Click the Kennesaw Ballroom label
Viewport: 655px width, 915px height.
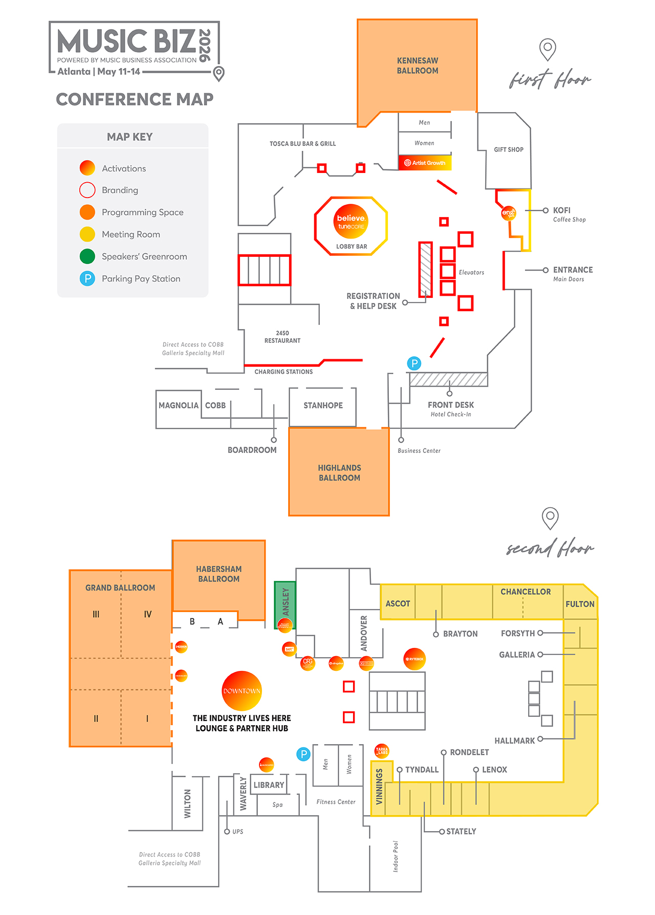coord(418,66)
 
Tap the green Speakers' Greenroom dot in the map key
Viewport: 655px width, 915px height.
coord(88,256)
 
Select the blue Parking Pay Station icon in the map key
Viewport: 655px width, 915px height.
coord(88,278)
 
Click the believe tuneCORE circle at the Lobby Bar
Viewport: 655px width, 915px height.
coord(351,222)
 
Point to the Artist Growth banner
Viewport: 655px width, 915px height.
coord(425,163)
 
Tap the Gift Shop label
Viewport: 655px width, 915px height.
coord(508,149)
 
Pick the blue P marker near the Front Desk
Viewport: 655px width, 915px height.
coord(414,363)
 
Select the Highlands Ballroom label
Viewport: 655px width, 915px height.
coord(339,472)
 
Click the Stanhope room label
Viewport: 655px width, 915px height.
coord(323,405)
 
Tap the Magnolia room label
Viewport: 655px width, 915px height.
coord(178,405)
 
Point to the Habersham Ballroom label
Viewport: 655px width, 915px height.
coord(219,574)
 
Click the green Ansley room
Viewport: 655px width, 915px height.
coord(286,601)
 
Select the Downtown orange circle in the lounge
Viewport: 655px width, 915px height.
coord(242,690)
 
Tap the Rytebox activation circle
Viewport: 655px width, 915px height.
coord(414,659)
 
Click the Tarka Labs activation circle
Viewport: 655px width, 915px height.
coord(382,751)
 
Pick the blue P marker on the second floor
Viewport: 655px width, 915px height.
coord(303,754)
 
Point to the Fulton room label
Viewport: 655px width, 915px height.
coord(580,604)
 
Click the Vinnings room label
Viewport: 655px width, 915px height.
coord(379,787)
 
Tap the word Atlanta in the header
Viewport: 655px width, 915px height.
coord(74,72)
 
